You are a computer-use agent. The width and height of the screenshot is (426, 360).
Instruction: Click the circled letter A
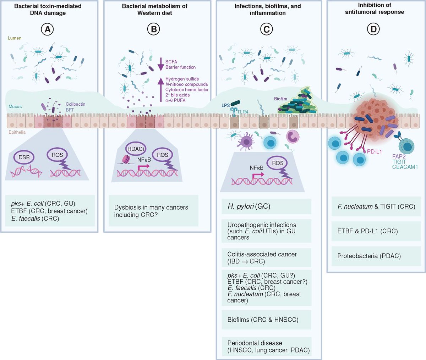tap(47, 29)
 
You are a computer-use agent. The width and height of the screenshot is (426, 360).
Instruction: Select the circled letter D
tap(373, 29)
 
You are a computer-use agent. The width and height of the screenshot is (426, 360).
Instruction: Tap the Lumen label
tap(15, 38)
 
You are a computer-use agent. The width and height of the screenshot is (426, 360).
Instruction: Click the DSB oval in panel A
tap(24, 157)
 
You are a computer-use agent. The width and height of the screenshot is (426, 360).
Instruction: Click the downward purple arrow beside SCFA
tap(160, 64)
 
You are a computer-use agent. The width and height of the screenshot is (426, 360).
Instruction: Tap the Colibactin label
tap(75, 104)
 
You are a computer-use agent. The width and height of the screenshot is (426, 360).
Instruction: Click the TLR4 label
tap(243, 112)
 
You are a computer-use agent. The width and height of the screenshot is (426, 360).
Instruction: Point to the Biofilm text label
tap(280, 99)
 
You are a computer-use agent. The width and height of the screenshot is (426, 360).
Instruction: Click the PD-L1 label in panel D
tap(374, 151)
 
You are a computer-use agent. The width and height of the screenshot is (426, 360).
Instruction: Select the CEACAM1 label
tap(405, 167)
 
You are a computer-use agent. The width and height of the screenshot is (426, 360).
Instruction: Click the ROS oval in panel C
tap(278, 163)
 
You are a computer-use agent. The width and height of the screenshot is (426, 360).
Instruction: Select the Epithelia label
tap(17, 132)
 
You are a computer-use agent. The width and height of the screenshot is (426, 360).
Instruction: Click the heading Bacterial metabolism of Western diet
tap(154, 10)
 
